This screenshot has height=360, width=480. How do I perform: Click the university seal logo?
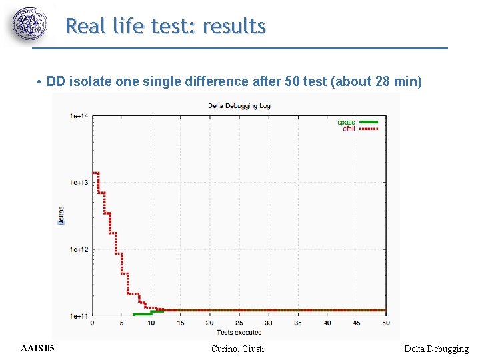coord(30,25)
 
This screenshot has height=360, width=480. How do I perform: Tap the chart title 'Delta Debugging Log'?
coord(239,105)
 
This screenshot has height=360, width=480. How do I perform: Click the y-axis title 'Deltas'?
coord(61,215)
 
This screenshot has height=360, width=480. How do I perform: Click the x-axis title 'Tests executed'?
coord(239,331)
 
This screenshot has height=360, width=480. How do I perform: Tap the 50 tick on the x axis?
coord(385,323)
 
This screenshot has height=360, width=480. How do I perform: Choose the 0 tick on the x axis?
coord(92,323)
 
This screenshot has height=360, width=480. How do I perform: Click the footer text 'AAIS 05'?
coord(38,349)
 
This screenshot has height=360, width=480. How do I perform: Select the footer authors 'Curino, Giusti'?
coord(237,349)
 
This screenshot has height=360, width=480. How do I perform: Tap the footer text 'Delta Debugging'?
coord(436,349)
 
